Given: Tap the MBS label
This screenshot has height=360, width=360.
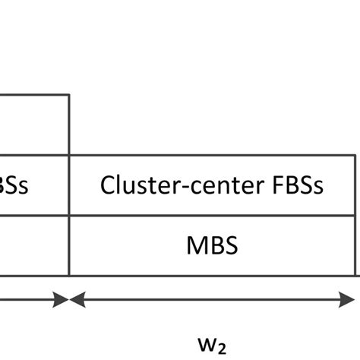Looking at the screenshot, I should click(213, 246).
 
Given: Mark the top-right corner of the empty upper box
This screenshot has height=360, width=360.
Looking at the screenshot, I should click(69, 95).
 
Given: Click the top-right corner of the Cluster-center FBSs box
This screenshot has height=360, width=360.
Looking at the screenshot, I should click(355, 156).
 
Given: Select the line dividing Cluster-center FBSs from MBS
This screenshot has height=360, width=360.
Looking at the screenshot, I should click(213, 216).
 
